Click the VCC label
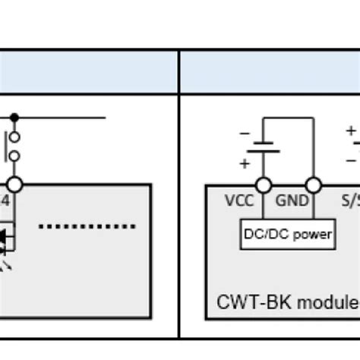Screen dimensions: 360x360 pos(239,202)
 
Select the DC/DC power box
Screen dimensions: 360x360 pos(288,234)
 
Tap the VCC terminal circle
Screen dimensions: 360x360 pos(263,185)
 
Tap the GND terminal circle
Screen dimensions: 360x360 pos(312,185)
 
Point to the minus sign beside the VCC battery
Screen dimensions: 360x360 pos(245,133)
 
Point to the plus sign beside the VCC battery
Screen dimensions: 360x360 pos(245,163)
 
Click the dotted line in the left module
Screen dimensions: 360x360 pos(87,226)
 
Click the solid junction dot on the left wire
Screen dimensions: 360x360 pos(14,118)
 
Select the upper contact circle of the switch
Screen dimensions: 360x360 pos(14,137)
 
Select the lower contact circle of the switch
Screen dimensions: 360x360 pos(14,156)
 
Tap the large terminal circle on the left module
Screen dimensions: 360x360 pos(14,185)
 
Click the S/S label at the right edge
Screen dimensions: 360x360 pos(350,202)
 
